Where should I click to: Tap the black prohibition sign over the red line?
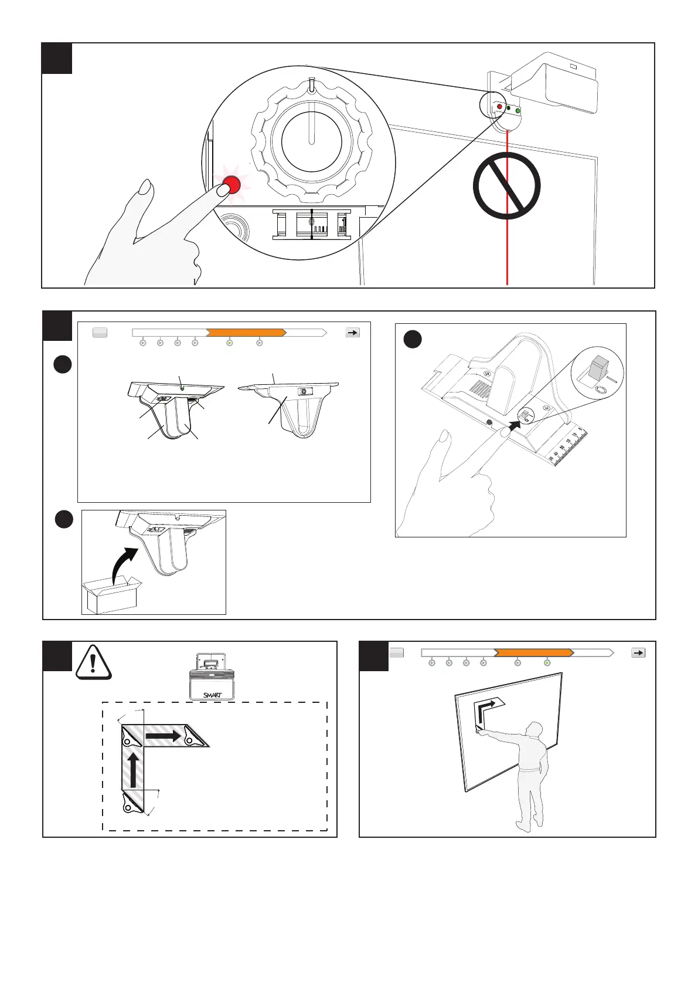point(506,185)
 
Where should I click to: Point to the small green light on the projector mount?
point(518,110)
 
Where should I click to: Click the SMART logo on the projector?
point(212,695)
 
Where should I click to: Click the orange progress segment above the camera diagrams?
point(246,332)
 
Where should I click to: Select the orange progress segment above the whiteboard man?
point(533,652)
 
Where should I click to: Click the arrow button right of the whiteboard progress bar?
point(638,652)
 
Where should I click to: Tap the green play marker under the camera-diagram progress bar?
point(230,343)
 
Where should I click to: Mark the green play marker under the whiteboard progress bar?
point(547,663)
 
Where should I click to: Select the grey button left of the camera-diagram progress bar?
point(100,333)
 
